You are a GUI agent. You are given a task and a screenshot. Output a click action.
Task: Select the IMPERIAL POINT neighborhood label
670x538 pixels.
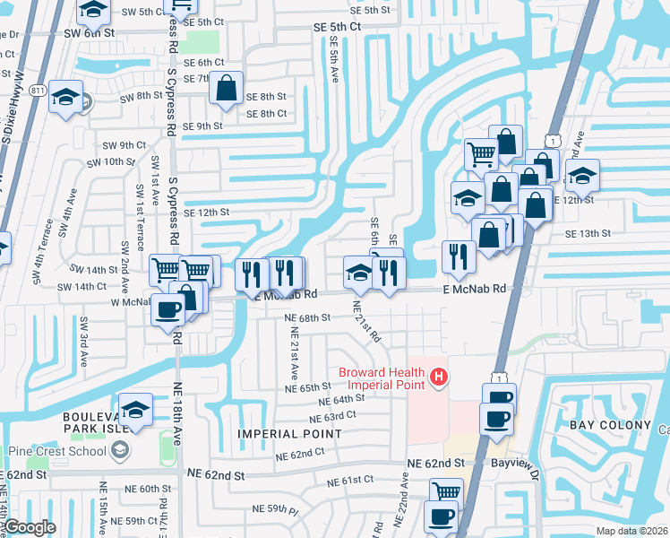pos(289,434)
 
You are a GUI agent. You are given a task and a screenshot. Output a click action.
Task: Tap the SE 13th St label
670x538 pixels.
pos(588,233)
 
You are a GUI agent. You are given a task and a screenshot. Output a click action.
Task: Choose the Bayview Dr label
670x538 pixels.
pos(512,463)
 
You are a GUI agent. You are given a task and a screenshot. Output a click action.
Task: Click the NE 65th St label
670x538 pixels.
pos(309,387)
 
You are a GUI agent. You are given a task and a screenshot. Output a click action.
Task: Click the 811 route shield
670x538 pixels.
pos(38,91)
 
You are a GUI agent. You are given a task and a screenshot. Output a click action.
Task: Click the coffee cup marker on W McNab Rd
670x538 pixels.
pos(168,310)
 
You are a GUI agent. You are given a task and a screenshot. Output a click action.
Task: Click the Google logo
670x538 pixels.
pos(30,527)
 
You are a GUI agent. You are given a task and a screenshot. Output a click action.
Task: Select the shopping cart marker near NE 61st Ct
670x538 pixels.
pos(446,491)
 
